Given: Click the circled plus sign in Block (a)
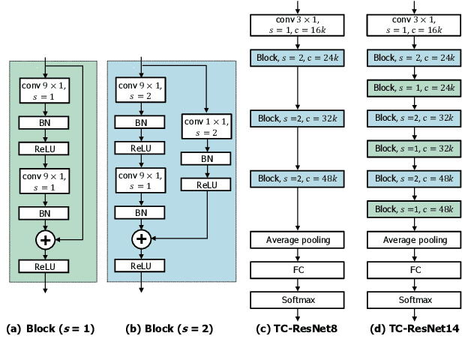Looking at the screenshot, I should coord(46,238).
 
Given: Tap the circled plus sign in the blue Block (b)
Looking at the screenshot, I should coord(140,238).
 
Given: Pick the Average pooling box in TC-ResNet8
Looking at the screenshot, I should coord(298,240).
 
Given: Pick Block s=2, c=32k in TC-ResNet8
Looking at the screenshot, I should coord(298,118).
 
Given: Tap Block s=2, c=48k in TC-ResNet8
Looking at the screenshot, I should coord(298,178).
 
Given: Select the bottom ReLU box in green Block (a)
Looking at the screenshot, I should coord(46,266).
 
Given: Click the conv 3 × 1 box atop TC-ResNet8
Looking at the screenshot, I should coord(298,24).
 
